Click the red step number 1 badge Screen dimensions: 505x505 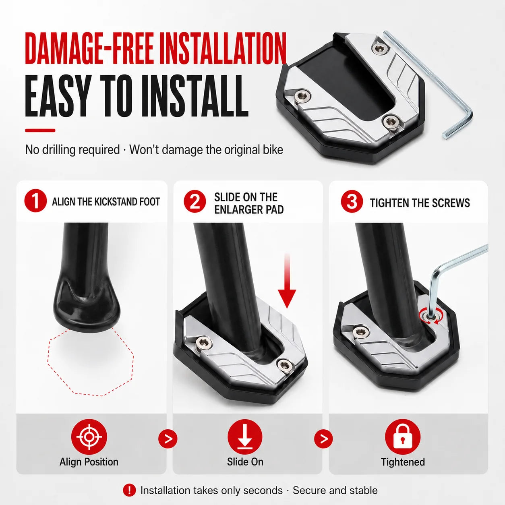35,201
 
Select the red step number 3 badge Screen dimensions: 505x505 352,201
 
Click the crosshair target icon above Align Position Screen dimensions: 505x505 89,437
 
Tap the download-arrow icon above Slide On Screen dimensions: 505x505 245,437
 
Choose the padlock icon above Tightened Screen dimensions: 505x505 403,437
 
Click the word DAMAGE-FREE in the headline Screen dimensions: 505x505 89,48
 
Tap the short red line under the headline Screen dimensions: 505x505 40,130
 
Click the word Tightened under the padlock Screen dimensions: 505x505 403,462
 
